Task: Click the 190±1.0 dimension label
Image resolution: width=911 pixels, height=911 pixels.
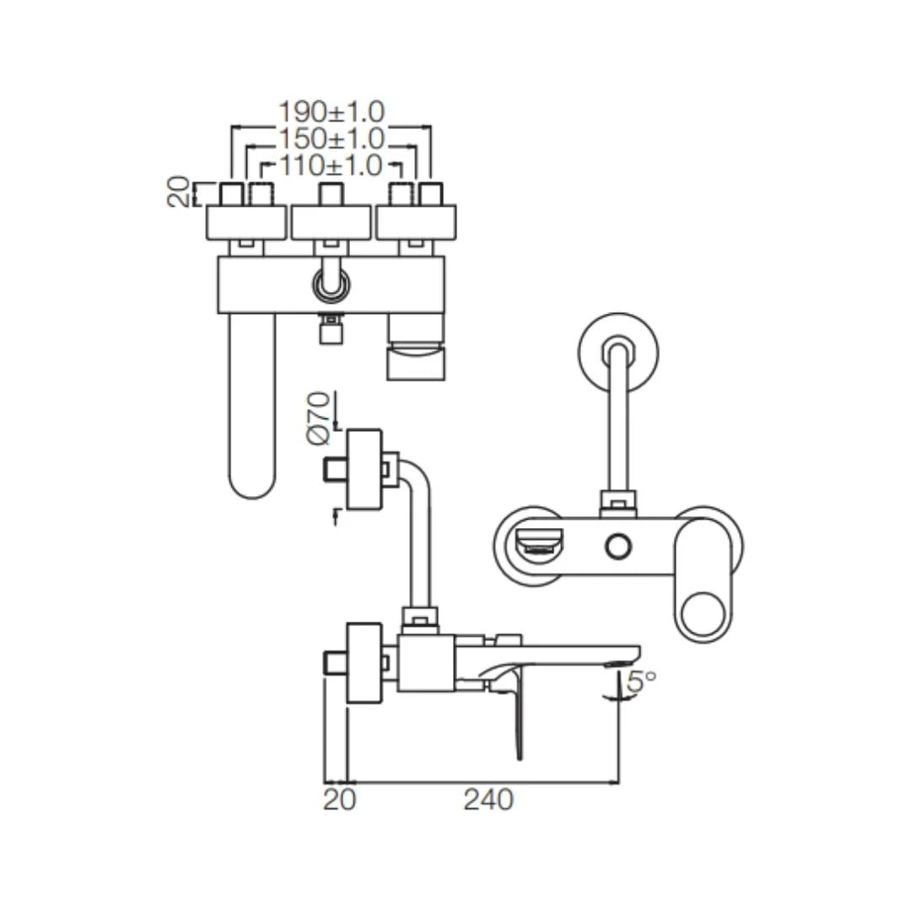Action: (332, 111)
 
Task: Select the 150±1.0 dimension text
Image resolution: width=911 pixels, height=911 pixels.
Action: (332, 138)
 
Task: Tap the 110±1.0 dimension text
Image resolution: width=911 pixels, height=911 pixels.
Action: (332, 165)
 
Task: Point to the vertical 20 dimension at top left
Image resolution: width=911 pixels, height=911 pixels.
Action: (178, 193)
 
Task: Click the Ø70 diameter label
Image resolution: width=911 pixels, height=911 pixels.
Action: (318, 418)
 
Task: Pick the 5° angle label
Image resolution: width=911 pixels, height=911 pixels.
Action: (641, 682)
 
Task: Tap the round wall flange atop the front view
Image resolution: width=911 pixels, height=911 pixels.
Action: (618, 353)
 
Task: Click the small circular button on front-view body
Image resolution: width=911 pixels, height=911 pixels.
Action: (618, 547)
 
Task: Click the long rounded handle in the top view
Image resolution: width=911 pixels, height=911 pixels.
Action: (252, 405)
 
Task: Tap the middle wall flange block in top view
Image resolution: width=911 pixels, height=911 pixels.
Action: (331, 222)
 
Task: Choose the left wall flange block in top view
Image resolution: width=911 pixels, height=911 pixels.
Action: (246, 222)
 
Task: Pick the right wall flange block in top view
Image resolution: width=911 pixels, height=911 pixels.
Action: (415, 222)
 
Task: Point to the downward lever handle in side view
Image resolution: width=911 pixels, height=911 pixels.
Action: (516, 717)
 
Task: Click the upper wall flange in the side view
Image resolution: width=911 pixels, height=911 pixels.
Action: (364, 470)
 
